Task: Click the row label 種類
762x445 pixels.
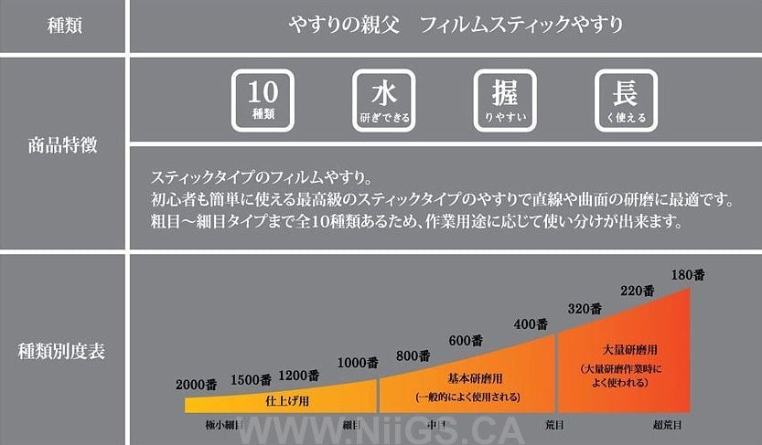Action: click(64, 26)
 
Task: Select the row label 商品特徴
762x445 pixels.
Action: click(64, 144)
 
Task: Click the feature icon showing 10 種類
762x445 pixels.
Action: click(263, 100)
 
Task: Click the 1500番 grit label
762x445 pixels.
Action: click(250, 379)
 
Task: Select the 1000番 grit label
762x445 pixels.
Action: click(358, 363)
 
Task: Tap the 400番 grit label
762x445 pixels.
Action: click(530, 323)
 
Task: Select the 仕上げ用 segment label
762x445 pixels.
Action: click(286, 400)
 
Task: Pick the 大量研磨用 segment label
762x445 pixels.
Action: click(627, 349)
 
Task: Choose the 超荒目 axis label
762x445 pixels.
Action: click(672, 425)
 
